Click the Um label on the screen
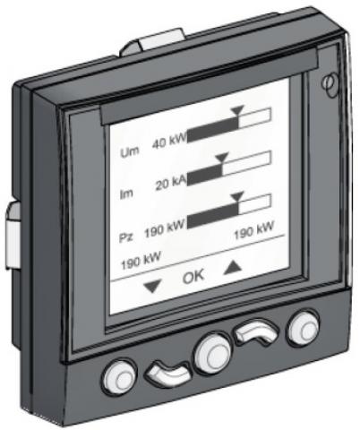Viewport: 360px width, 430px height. (130, 151)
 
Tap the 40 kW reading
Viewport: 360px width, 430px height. (169, 141)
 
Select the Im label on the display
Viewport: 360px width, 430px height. (126, 194)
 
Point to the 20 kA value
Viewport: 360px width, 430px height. (171, 183)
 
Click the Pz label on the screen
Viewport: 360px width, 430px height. (126, 238)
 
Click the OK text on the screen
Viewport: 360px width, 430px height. (193, 276)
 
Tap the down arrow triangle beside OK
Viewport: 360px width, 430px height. (152, 286)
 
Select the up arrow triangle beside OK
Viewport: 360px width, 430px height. (233, 267)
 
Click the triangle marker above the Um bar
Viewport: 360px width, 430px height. (238, 109)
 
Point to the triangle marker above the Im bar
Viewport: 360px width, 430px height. (222, 157)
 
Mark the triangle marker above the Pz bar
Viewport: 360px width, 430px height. (238, 196)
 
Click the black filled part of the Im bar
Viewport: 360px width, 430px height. (205, 176)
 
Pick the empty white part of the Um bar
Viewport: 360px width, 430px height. (255, 117)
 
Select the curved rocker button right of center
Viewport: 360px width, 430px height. (257, 331)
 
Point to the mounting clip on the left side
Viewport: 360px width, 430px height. (13, 236)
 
